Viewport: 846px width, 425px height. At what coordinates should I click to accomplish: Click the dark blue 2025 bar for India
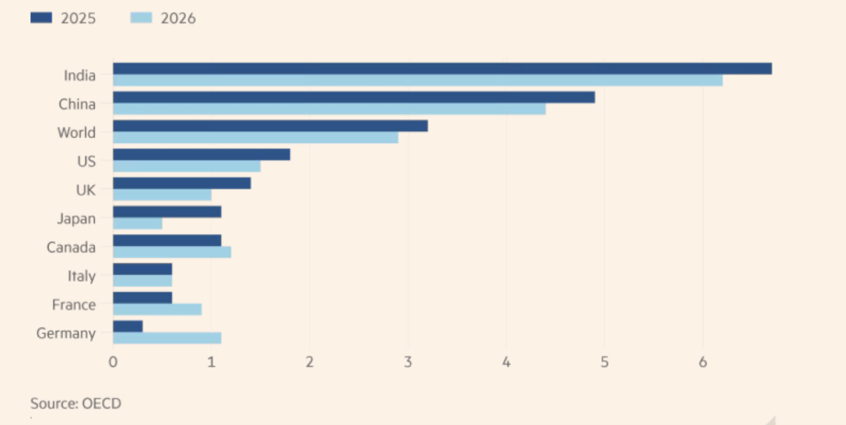click(442, 68)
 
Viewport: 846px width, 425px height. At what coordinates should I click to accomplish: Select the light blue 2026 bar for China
click(329, 109)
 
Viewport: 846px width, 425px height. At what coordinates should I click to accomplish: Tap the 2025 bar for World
click(270, 125)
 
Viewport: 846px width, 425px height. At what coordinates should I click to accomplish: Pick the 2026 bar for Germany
click(167, 338)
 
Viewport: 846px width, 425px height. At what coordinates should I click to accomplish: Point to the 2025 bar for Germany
click(128, 326)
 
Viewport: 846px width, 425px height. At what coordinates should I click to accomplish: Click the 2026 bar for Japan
click(137, 223)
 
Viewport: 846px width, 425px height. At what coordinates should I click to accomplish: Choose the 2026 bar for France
click(157, 309)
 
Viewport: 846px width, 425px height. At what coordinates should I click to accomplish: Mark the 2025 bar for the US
click(202, 154)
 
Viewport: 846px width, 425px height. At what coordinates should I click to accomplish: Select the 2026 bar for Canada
click(172, 252)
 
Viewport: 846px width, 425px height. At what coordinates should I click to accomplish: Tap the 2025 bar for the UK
click(182, 183)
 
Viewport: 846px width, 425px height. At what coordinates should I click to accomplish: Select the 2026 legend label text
click(178, 18)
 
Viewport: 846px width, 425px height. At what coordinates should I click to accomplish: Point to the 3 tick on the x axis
click(407, 362)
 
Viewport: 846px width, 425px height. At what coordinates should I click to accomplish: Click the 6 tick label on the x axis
click(702, 362)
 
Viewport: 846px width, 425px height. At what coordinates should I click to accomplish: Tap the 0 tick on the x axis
click(113, 362)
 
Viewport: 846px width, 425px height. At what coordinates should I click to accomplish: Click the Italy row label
click(81, 276)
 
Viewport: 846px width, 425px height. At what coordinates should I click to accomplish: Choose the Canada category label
click(70, 247)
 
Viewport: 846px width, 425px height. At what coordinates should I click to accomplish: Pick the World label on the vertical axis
click(76, 133)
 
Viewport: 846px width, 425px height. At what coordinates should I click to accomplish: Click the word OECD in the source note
click(102, 403)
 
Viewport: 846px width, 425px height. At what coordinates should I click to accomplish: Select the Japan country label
click(76, 218)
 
